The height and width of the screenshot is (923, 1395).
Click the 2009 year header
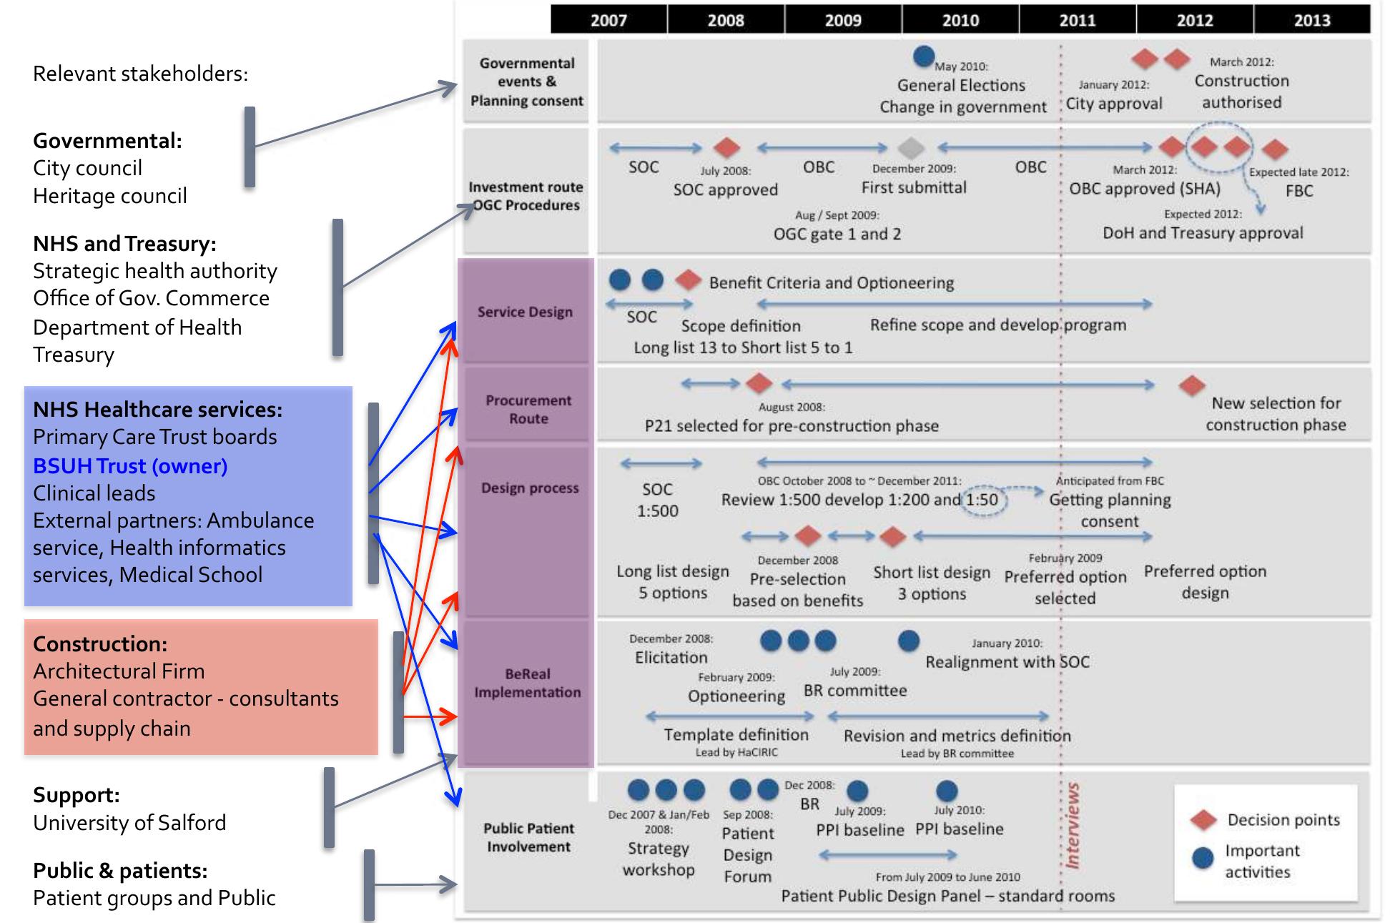[843, 20]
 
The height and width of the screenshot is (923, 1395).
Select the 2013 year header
[1311, 20]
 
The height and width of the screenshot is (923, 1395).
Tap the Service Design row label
[525, 312]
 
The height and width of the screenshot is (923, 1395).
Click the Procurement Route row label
[528, 410]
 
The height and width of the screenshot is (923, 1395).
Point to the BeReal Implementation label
[528, 683]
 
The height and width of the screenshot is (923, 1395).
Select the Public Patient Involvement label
[528, 837]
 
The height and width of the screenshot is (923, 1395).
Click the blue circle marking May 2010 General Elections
[924, 56]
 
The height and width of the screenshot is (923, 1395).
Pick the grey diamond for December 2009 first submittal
[910, 148]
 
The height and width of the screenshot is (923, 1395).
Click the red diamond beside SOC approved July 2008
[726, 148]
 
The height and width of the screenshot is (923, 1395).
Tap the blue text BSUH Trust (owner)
[130, 466]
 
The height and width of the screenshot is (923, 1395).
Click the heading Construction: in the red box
[100, 643]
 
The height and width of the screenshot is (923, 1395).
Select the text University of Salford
[129, 823]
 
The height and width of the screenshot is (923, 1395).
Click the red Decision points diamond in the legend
[1203, 820]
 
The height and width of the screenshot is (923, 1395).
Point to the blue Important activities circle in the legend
[1203, 859]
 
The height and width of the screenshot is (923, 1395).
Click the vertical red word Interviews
[1072, 826]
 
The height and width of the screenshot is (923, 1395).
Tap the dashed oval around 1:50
[983, 500]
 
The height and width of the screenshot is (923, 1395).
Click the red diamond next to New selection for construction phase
[1191, 386]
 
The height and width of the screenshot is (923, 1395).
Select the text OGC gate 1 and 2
[837, 234]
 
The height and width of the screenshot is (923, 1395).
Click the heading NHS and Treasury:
[124, 244]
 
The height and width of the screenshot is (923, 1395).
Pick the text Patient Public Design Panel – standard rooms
[947, 896]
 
